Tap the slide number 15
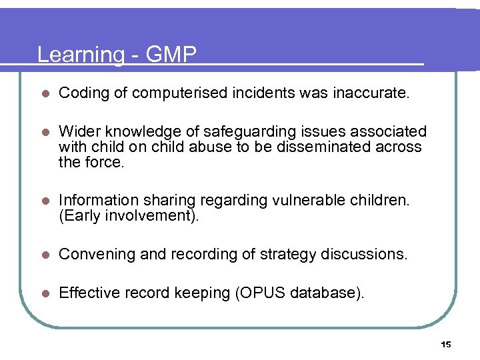[446, 344]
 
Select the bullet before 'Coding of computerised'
[43, 94]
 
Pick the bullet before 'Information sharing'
[43, 199]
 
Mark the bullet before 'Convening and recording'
[43, 255]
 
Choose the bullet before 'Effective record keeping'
[43, 292]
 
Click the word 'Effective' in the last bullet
[87, 292]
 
